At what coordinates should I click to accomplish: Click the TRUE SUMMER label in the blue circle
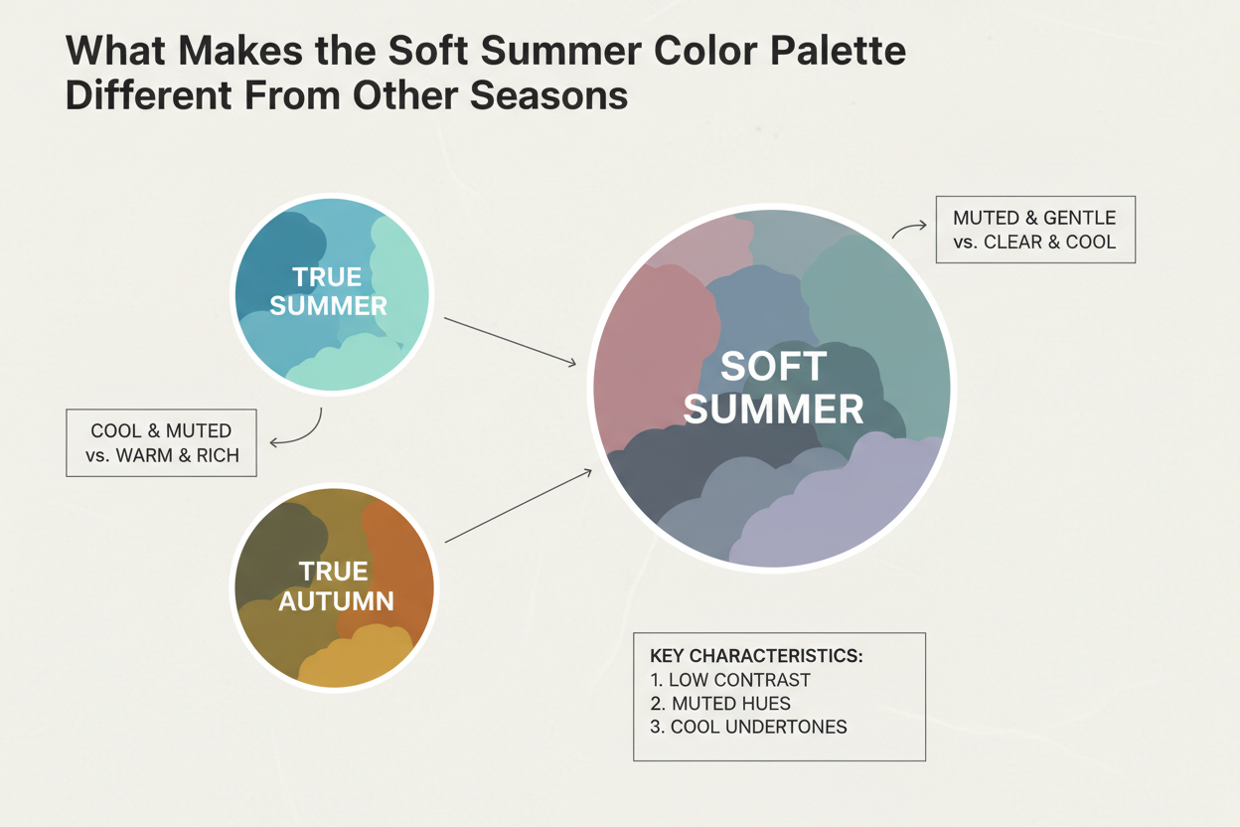(329, 290)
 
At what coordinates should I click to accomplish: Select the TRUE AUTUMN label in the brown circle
(335, 585)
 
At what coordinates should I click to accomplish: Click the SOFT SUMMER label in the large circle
(773, 388)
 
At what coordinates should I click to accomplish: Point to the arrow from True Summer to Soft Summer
(509, 341)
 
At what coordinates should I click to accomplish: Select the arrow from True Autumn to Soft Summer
(518, 506)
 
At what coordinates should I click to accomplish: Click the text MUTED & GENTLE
(1034, 218)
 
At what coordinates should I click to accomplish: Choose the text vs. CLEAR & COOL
(1034, 242)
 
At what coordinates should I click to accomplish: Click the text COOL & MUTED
(161, 431)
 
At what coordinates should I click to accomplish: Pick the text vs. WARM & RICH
(161, 455)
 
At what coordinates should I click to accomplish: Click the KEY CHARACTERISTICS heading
(756, 657)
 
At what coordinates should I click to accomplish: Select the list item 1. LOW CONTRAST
(730, 680)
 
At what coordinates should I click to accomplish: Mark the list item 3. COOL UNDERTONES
(748, 727)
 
